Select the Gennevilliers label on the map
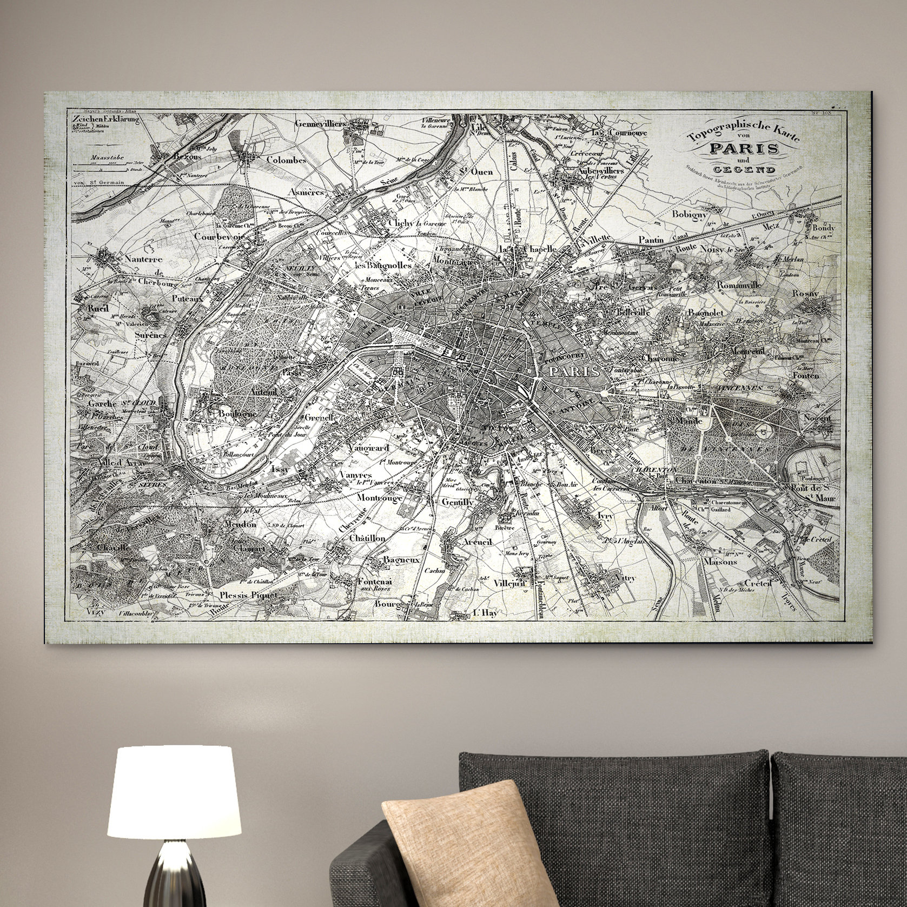[x=320, y=123]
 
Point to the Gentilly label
[x=458, y=502]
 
